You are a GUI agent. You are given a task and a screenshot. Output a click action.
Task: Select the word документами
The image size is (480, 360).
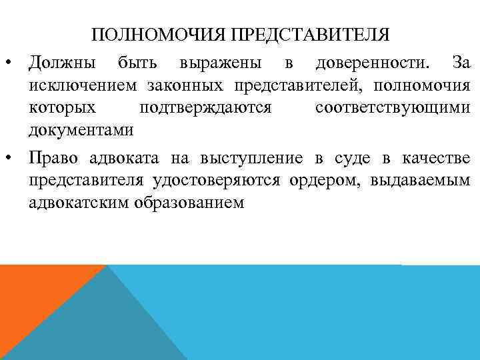pos(81,130)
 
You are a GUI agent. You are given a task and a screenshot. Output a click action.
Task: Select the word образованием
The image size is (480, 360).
pos(197,203)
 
